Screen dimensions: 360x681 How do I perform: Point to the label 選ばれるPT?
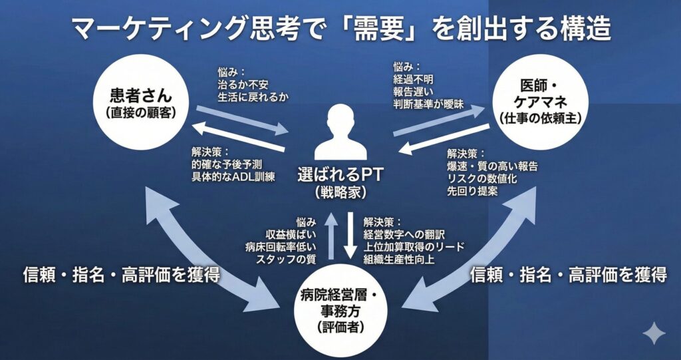coord(340,177)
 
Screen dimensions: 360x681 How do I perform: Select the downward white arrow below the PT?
coord(350,236)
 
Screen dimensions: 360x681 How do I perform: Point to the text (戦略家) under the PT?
coord(340,193)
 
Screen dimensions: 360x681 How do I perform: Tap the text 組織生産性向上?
coord(398,259)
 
